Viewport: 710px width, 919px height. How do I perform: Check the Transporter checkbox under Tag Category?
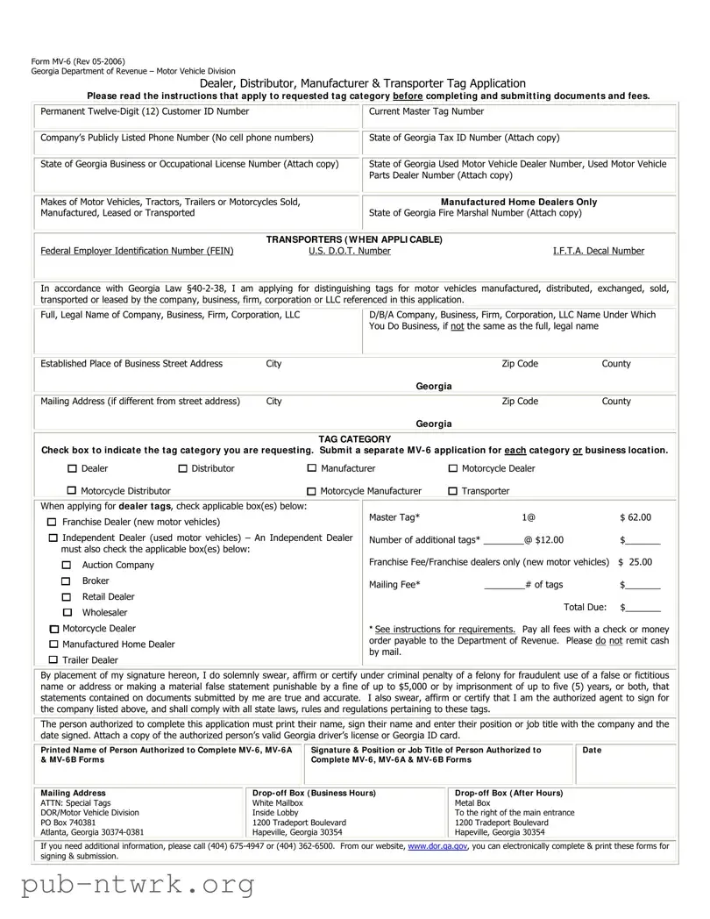tap(452, 491)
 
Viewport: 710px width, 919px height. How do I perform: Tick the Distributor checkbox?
tap(183, 468)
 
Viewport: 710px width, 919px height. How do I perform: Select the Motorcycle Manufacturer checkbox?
tap(312, 491)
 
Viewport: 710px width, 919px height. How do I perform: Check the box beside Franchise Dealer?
tap(53, 523)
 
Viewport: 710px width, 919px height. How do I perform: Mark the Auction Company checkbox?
tap(67, 566)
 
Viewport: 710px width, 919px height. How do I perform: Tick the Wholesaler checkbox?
tap(67, 612)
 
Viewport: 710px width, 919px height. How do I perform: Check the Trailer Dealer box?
tap(53, 659)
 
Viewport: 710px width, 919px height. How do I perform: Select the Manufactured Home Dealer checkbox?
tap(53, 645)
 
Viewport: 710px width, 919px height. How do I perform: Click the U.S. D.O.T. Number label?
tap(349, 251)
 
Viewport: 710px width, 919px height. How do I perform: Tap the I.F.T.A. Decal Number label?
tap(598, 251)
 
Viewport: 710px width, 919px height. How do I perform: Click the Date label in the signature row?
tap(592, 750)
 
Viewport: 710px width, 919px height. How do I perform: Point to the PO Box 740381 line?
tap(68, 823)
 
